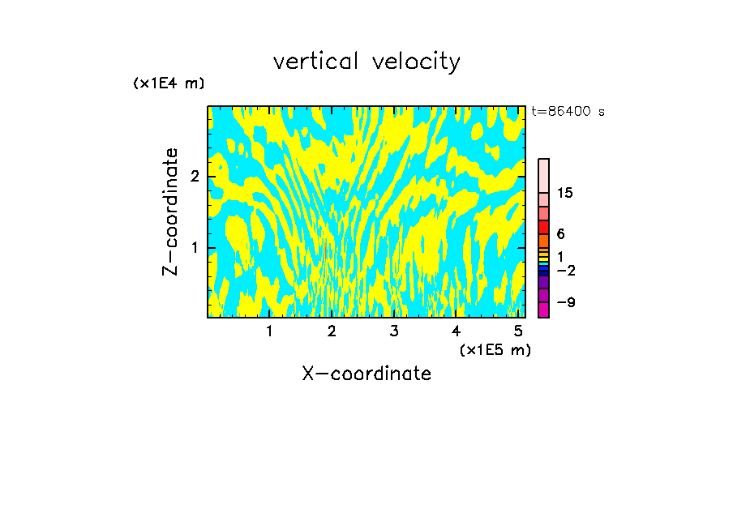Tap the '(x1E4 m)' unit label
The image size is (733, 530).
[169, 83]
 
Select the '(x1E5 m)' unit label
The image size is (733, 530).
[495, 349]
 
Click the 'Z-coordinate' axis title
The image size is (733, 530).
[170, 212]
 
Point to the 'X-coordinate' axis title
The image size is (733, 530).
[366, 374]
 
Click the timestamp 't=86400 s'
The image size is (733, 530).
[568, 112]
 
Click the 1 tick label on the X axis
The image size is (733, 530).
[269, 331]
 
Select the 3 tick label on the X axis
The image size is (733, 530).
[394, 331]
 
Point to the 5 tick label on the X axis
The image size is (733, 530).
[518, 331]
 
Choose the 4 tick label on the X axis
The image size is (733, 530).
[456, 331]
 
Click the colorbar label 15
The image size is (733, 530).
[565, 194]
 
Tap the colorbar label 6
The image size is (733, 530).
[560, 234]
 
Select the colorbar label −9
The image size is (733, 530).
[565, 303]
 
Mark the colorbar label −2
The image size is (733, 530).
[565, 271]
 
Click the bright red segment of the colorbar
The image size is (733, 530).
[544, 227]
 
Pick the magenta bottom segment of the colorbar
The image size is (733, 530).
[544, 310]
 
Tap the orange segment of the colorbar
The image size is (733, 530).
[544, 241]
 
